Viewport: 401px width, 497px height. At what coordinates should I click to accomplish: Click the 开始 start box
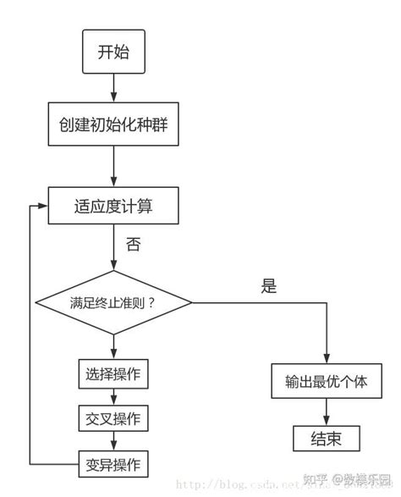(x=113, y=52)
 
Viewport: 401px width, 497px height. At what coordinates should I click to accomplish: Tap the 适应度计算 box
(x=113, y=204)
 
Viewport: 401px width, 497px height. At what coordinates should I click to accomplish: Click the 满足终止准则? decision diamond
(x=113, y=302)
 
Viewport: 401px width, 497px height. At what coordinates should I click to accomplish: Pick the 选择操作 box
(x=113, y=373)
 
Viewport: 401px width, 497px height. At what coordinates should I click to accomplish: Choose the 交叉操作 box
(x=113, y=418)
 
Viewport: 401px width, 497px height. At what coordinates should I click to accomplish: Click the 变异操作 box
(x=113, y=464)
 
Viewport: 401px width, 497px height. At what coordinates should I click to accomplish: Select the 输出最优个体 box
(x=327, y=380)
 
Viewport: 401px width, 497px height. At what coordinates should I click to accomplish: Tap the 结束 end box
(x=327, y=438)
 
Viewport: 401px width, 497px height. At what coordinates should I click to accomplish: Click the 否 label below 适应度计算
(x=134, y=245)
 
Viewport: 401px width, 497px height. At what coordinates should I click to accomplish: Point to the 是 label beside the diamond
(x=269, y=286)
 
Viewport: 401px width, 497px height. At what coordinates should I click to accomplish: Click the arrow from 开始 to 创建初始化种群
(x=113, y=89)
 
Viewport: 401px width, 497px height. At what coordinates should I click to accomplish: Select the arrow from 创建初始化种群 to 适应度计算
(x=113, y=166)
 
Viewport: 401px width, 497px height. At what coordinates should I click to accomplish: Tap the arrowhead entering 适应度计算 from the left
(x=44, y=204)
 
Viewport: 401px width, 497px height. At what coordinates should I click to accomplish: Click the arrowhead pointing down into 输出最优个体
(x=327, y=357)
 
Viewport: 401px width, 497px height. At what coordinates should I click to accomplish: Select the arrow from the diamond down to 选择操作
(x=113, y=343)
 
